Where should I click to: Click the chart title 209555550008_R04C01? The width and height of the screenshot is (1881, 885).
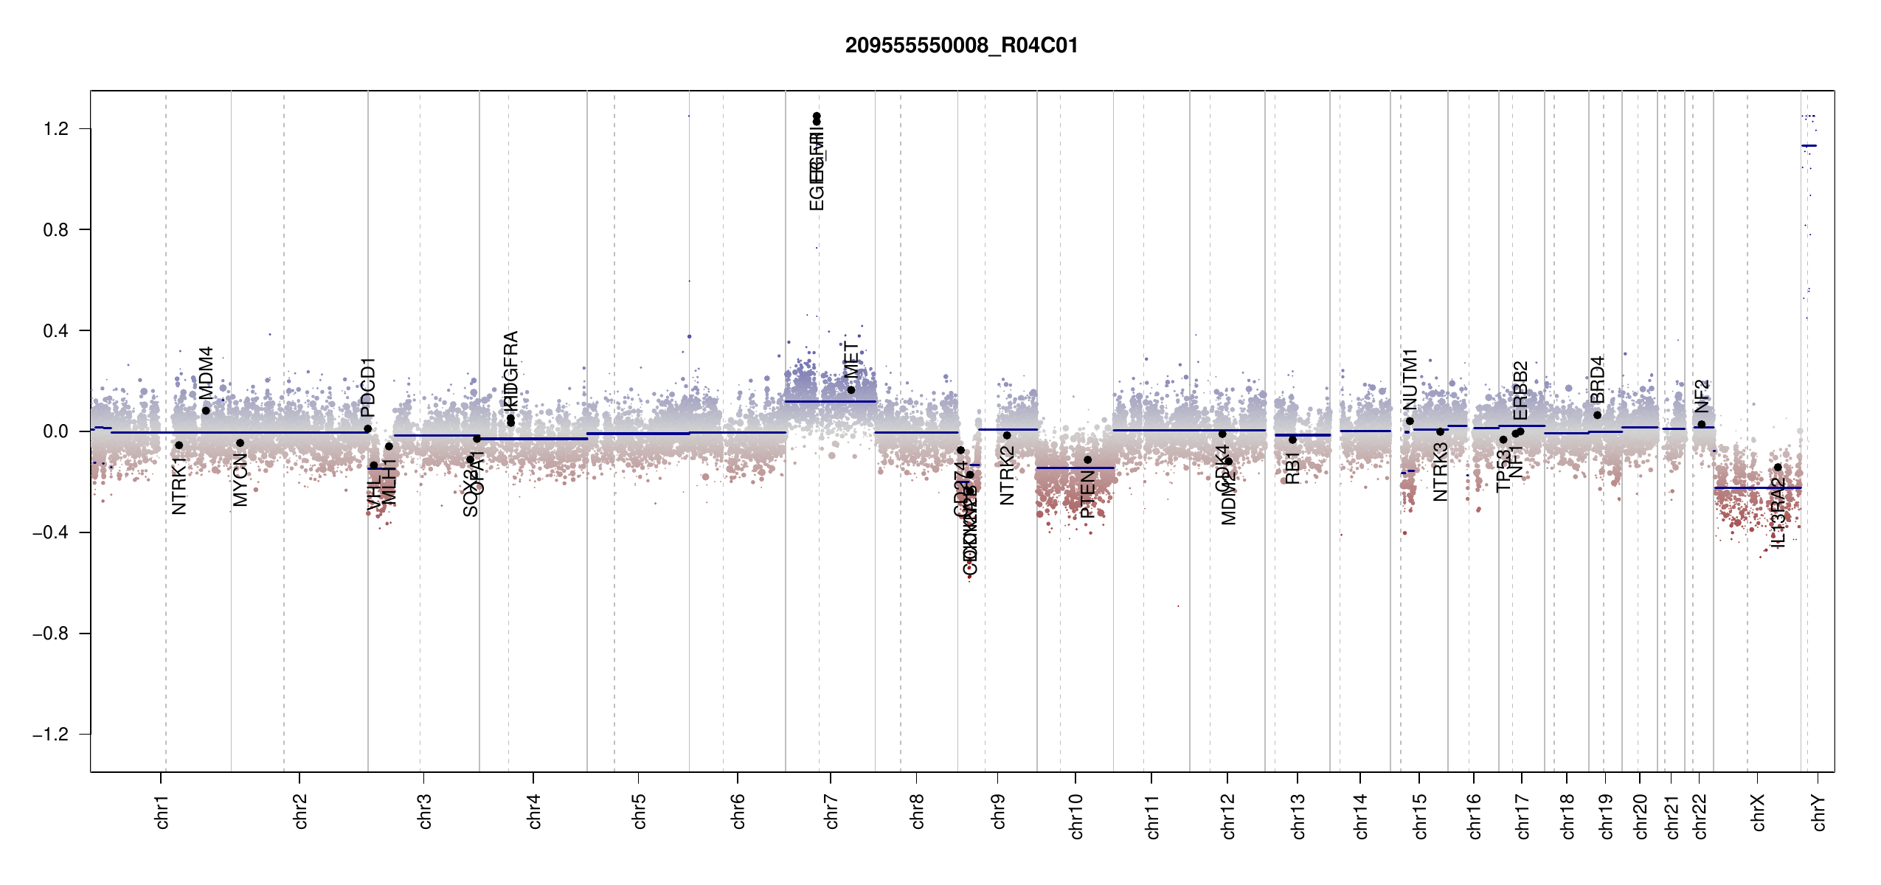(961, 46)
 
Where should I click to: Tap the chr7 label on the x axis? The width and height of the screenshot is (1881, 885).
(831, 811)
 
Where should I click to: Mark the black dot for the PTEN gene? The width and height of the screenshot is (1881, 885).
(1087, 460)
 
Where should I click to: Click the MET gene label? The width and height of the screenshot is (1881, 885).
(851, 361)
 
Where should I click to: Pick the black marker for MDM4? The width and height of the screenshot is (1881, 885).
(206, 411)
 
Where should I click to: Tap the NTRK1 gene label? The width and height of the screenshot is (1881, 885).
(179, 485)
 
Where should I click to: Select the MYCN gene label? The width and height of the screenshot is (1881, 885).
(240, 480)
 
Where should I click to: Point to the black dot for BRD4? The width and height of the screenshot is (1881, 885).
(1597, 415)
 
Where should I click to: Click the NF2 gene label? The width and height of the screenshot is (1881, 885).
(1701, 396)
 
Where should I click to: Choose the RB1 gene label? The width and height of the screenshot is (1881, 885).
(1292, 468)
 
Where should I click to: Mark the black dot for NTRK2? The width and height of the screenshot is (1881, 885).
(1007, 436)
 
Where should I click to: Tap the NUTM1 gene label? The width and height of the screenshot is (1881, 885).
(1410, 379)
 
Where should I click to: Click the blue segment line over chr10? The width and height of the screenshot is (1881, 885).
(1075, 468)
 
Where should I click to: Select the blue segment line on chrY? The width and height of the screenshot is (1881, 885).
(1809, 146)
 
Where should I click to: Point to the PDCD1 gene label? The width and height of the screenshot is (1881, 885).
(368, 387)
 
